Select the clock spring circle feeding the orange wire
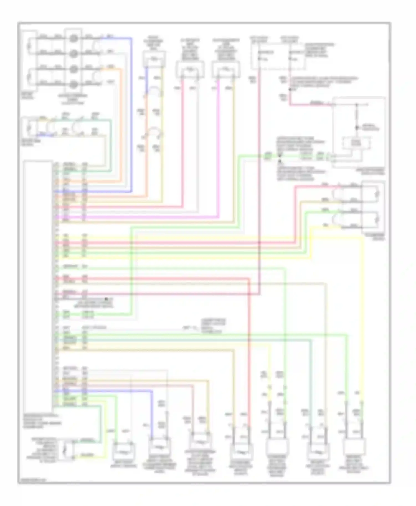[73, 68]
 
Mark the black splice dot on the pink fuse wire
[290, 89]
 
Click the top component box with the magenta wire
[226, 69]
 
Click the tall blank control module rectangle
[38, 285]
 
